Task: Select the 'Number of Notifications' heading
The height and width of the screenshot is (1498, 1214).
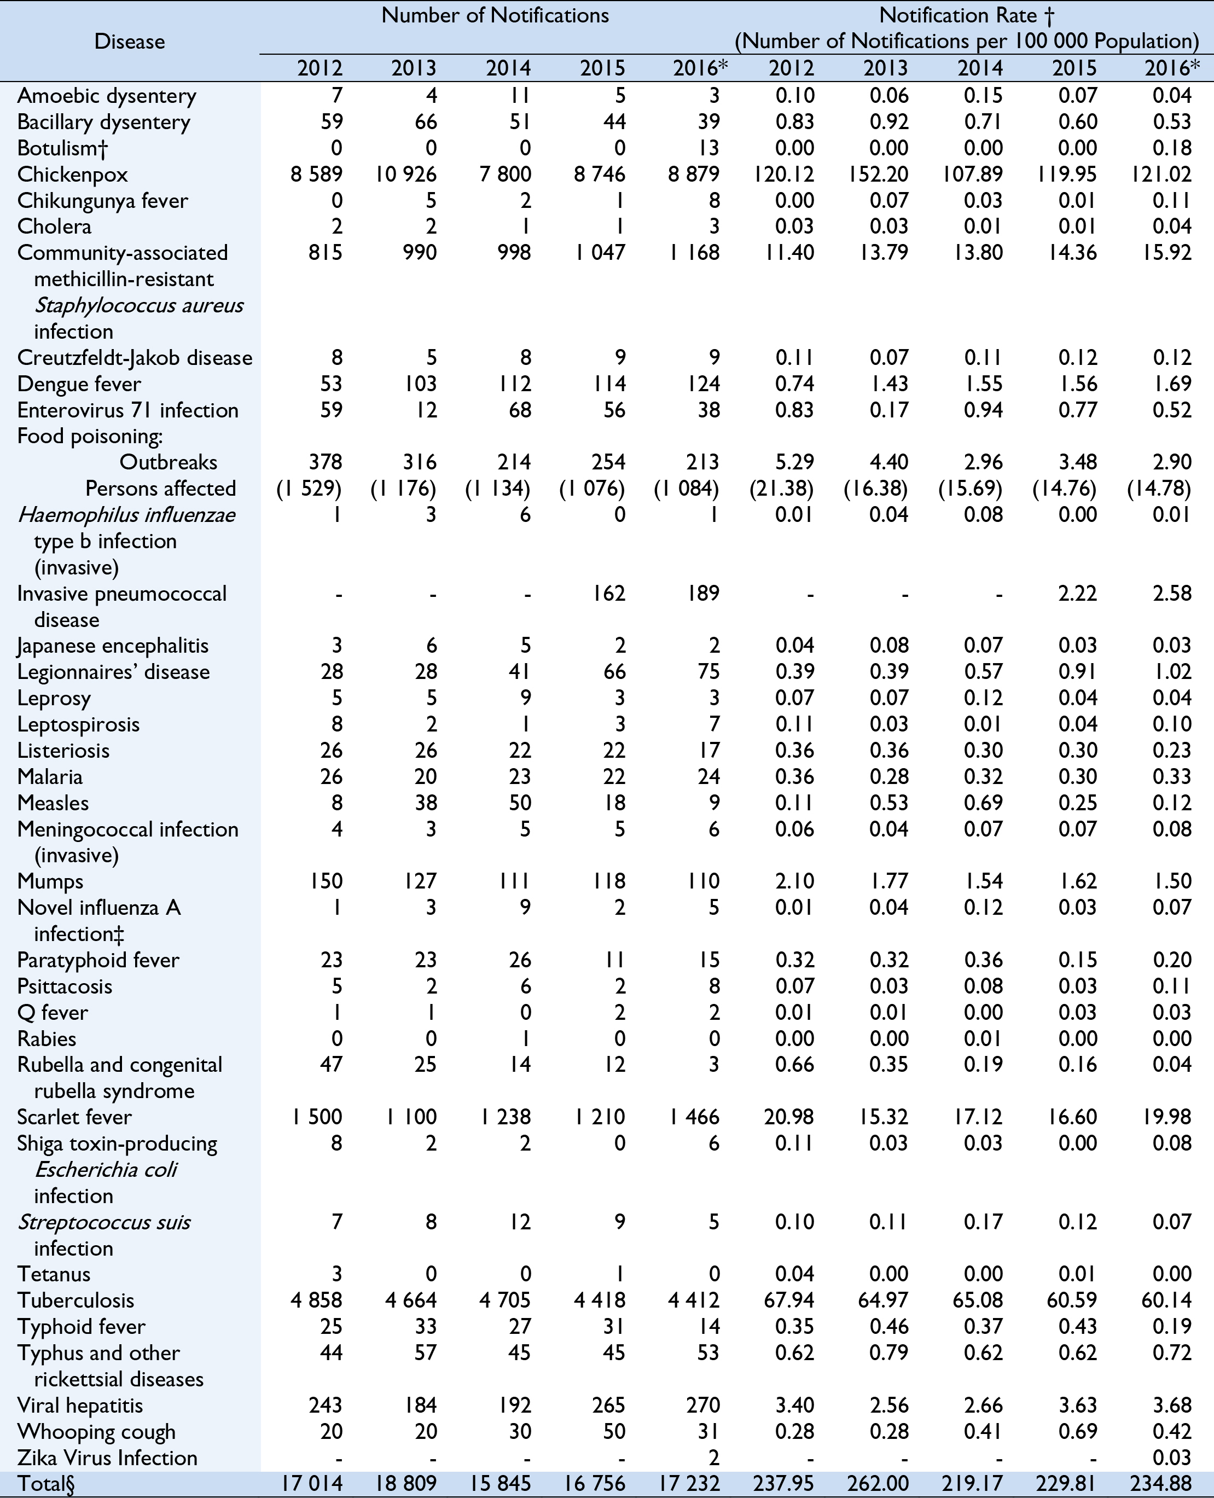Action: pyautogui.click(x=495, y=15)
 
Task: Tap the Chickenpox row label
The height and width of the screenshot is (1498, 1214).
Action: pyautogui.click(x=62, y=174)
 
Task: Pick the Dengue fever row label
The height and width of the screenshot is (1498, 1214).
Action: pyautogui.click(x=79, y=384)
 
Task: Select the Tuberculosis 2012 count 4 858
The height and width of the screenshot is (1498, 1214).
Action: pyautogui.click(x=317, y=1300)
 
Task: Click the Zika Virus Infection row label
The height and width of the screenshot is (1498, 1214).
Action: pyautogui.click(x=107, y=1458)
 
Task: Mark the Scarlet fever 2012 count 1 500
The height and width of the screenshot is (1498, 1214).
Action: pyautogui.click(x=317, y=1117)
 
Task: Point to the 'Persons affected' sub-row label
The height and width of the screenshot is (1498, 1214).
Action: pyautogui.click(x=160, y=488)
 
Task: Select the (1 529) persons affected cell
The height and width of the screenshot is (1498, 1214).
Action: pyautogui.click(x=309, y=488)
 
